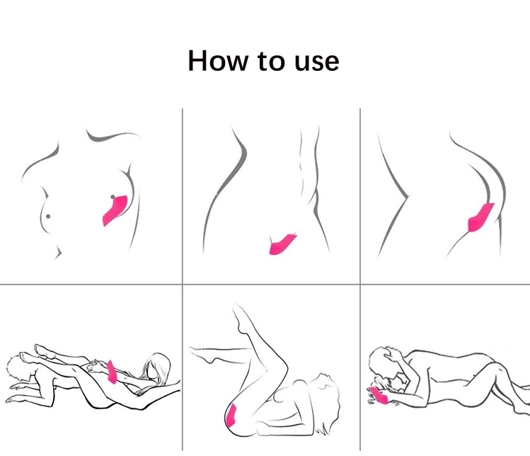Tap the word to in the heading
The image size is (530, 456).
(x=271, y=61)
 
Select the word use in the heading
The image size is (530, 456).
(x=317, y=63)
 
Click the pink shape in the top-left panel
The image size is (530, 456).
(x=115, y=210)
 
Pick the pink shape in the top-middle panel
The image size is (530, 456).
(x=282, y=244)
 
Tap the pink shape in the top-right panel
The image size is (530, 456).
(x=480, y=217)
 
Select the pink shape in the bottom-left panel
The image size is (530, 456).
(x=112, y=372)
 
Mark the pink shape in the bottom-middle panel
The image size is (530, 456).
(x=231, y=415)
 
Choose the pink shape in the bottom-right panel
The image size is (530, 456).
(x=380, y=396)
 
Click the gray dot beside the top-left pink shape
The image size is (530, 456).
(x=113, y=197)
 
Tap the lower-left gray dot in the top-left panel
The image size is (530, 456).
(x=48, y=216)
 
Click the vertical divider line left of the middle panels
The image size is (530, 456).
(x=182, y=280)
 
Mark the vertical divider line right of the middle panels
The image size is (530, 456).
(x=360, y=280)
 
